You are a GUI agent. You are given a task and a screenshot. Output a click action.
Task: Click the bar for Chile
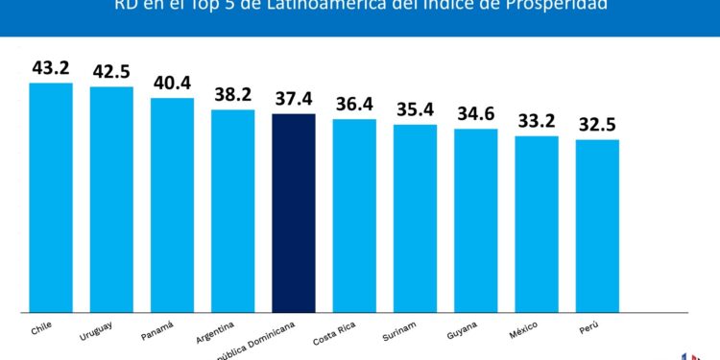pos(51,197)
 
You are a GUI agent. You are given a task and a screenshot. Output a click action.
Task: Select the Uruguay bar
pos(111,199)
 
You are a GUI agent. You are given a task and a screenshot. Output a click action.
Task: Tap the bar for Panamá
pos(172,204)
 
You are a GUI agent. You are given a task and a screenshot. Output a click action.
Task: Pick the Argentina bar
pos(233,210)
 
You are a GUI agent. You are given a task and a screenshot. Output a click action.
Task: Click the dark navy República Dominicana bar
pos(294,212)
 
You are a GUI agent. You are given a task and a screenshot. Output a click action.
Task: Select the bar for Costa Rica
pos(354,215)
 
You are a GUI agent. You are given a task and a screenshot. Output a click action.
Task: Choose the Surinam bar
pos(415,218)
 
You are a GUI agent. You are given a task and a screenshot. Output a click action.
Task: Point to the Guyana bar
pos(476,220)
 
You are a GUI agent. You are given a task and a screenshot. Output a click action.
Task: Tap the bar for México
pos(537,224)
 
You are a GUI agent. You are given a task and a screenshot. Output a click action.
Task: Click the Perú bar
pos(597,226)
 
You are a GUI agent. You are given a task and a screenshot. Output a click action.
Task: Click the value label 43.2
pos(52,68)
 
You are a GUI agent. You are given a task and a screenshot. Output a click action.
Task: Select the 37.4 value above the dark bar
pos(294,99)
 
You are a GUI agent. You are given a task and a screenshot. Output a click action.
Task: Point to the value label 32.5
pos(597,125)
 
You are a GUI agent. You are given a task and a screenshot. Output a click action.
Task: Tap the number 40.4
pos(173,83)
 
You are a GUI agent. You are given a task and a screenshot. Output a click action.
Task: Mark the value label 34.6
pos(476,114)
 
